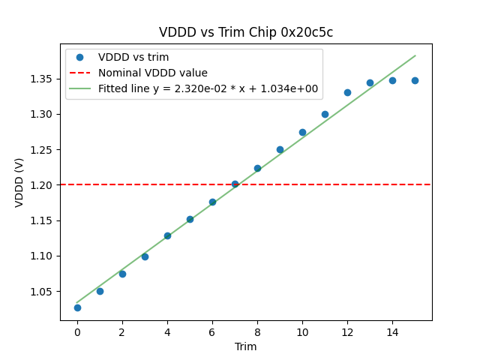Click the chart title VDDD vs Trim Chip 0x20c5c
tap(246, 33)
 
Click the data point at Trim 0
tap(77, 307)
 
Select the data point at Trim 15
tap(415, 80)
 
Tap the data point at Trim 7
tap(235, 184)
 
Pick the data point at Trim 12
tap(347, 92)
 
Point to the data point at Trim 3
tap(145, 256)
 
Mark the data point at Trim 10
tap(302, 132)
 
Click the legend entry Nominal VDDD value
tap(153, 73)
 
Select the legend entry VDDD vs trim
tap(133, 57)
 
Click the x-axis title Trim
tap(246, 346)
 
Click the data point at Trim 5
tap(190, 219)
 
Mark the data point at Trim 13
tap(370, 82)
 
